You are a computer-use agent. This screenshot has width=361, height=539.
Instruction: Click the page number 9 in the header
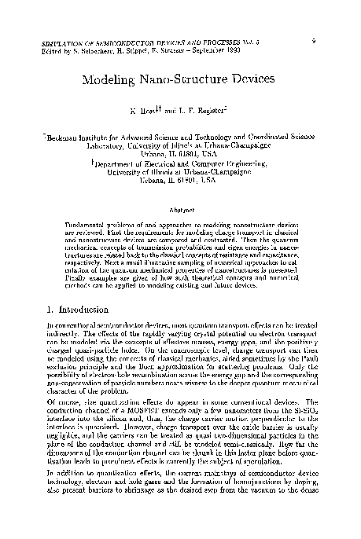click(x=314, y=36)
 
